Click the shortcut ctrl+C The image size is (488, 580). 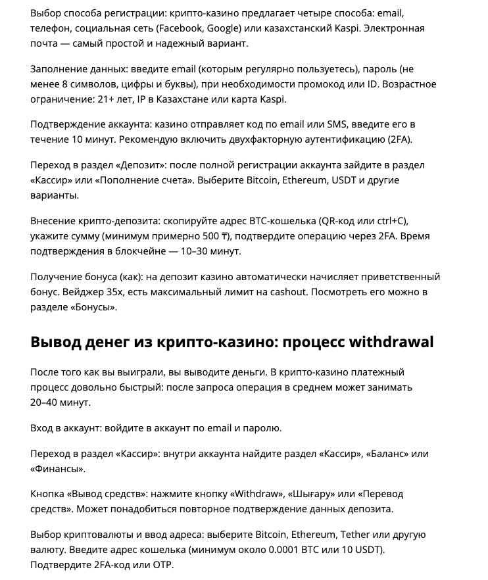(x=395, y=220)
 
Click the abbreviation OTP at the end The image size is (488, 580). (x=163, y=566)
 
